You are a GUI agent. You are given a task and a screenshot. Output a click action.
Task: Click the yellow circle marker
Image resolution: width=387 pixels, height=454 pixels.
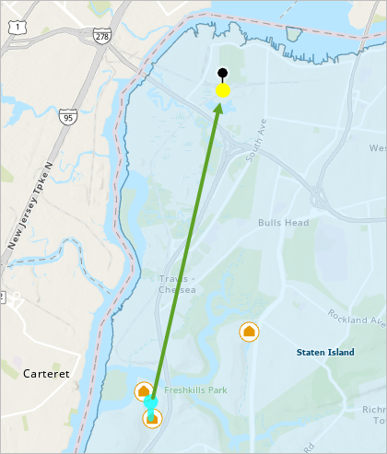(x=222, y=90)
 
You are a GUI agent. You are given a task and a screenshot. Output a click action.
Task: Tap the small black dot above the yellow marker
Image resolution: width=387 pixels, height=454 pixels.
(x=222, y=73)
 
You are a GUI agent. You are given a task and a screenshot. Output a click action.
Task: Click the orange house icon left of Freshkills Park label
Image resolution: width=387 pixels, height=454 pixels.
(x=144, y=392)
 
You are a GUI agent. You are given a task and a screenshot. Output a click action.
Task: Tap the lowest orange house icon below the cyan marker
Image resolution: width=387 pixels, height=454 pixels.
(x=152, y=419)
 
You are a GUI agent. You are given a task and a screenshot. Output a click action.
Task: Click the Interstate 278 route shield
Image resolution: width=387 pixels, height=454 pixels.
(x=102, y=35)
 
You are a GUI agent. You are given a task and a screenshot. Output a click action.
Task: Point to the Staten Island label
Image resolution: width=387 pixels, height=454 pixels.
(x=325, y=352)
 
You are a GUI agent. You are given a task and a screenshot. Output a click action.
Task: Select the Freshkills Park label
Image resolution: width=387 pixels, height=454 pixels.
(x=195, y=390)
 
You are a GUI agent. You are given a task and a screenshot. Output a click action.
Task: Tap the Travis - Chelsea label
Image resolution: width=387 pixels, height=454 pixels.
(x=170, y=284)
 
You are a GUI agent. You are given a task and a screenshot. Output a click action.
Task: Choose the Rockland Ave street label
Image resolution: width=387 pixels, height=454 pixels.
(x=358, y=319)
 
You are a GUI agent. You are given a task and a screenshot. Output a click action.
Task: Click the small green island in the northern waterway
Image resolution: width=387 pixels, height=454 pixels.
(x=295, y=34)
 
